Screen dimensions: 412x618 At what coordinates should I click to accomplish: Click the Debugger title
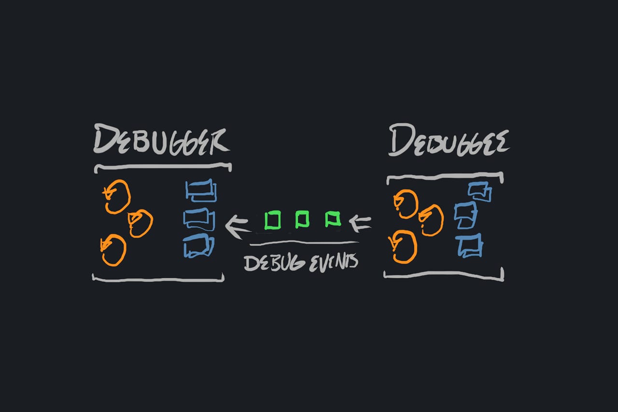click(x=161, y=141)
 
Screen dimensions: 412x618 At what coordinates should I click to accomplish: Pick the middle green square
click(x=302, y=220)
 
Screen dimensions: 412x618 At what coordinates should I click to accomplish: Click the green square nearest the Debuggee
click(x=333, y=219)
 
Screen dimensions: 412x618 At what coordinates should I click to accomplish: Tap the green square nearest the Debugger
click(x=273, y=220)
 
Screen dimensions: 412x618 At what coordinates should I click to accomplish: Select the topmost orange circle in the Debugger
click(x=118, y=197)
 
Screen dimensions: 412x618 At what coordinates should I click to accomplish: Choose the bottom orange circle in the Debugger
click(x=114, y=250)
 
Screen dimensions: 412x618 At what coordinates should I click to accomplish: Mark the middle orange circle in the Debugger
click(x=140, y=224)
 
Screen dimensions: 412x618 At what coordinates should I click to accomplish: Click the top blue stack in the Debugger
click(x=201, y=190)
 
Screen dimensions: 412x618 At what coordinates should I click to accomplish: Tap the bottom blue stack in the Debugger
click(x=198, y=246)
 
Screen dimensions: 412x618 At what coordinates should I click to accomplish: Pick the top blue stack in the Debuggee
click(x=479, y=192)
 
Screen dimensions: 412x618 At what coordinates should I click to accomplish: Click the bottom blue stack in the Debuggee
click(x=469, y=246)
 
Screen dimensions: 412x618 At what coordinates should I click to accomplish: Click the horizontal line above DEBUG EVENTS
click(x=304, y=242)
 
